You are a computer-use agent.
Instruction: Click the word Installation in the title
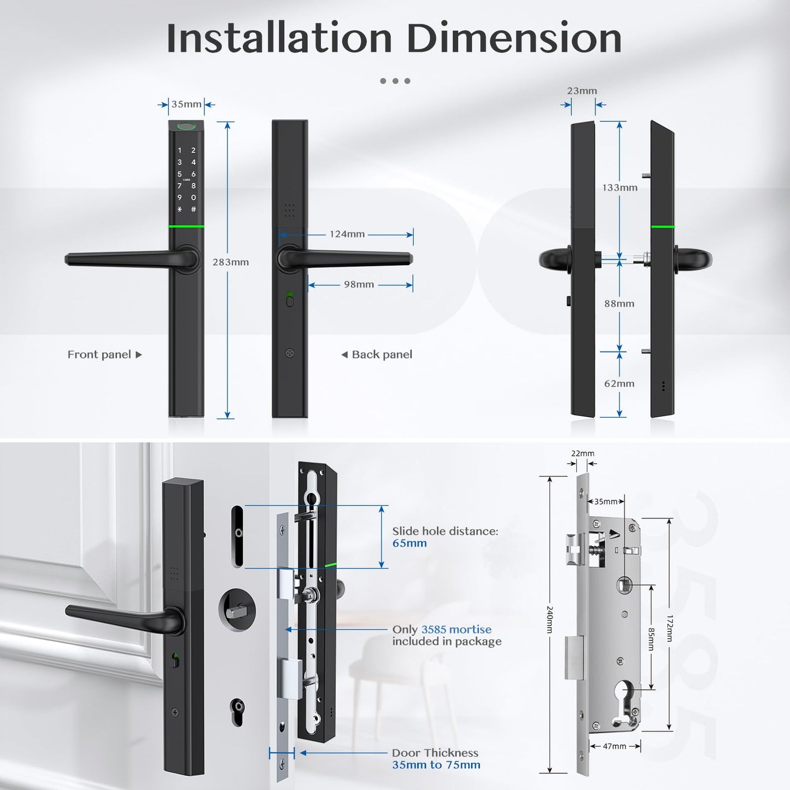279,38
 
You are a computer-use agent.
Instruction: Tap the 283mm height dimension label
230,262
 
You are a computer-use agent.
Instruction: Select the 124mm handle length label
347,234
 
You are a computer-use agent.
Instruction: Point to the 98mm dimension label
359,284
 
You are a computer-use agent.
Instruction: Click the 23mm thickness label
582,91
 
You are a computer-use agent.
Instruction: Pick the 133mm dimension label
619,188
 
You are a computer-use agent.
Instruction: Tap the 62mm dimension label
619,384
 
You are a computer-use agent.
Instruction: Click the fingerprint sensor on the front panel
187,126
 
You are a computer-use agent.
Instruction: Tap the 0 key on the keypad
194,197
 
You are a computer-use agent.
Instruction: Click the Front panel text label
99,355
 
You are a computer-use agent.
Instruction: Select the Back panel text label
382,355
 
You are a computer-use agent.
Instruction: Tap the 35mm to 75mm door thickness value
436,765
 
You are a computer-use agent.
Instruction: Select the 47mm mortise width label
614,747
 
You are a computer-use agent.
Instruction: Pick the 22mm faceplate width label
583,453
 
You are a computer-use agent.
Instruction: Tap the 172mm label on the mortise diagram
669,629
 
